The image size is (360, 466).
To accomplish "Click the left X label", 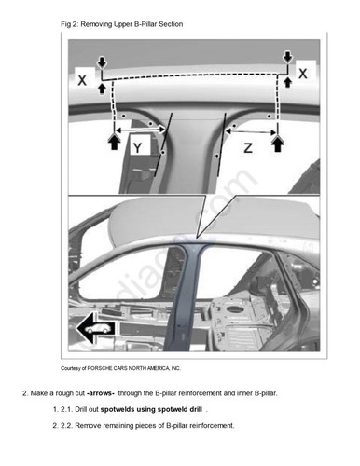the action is tap(82, 80).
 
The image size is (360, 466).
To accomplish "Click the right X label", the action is tap(303, 74).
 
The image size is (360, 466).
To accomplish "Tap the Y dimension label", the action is tap(137, 147).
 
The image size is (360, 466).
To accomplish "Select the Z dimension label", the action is tap(248, 148).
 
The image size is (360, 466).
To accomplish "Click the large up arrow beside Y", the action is tap(115, 142).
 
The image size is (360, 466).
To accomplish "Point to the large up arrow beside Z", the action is tap(278, 143).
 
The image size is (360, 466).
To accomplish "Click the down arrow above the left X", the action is tap(102, 62).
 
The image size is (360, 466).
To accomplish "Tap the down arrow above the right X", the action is tap(287, 57).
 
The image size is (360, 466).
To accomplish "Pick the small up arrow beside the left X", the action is tap(102, 88).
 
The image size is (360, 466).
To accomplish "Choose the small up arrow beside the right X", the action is tap(288, 82).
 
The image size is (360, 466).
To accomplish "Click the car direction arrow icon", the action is tap(97, 328).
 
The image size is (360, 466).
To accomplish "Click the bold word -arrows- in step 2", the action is tap(101, 393).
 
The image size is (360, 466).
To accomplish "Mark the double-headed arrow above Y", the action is tap(140, 130).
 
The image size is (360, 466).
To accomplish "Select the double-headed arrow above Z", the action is tap(251, 131).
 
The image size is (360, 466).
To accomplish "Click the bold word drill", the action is tap(196, 409).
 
